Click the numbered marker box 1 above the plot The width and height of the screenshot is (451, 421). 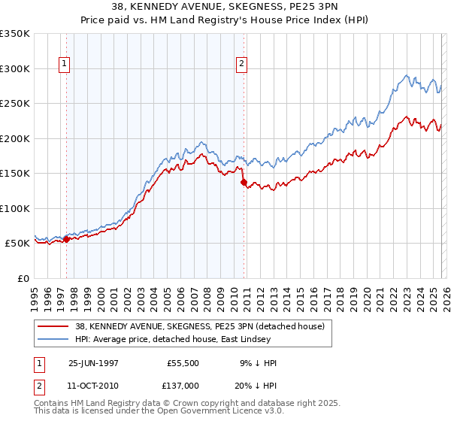[x=65, y=65]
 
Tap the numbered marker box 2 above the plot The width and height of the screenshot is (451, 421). [x=242, y=65]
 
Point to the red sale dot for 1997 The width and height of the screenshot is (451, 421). [x=66, y=240]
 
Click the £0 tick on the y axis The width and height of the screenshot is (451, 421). [x=23, y=278]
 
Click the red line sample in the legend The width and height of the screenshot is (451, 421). [x=54, y=326]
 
